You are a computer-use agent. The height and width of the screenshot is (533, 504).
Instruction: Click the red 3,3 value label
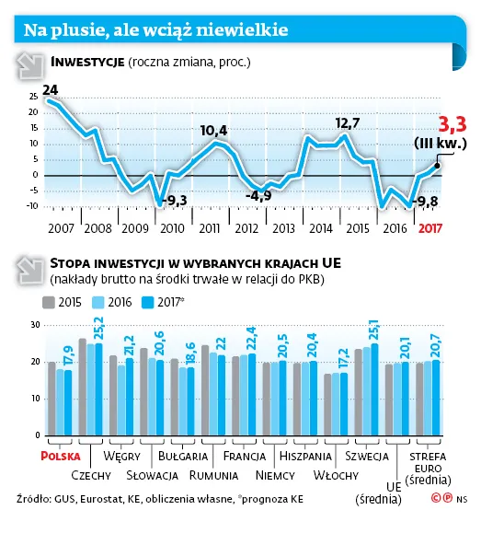[x=452, y=124]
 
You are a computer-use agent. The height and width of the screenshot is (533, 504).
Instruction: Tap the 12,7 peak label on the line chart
[x=347, y=122]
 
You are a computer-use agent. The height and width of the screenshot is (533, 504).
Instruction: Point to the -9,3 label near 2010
[x=176, y=200]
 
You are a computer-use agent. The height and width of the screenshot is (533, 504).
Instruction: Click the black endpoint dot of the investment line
[x=437, y=166]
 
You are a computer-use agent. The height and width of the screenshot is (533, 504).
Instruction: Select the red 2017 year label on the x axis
[x=430, y=228]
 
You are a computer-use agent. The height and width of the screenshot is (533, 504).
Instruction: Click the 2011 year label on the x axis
[x=210, y=228]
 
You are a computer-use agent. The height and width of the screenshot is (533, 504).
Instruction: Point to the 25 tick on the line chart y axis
[x=33, y=97]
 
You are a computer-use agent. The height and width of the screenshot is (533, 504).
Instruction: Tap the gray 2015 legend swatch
[x=49, y=303]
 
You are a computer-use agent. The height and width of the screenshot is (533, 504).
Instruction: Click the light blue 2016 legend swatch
[x=98, y=303]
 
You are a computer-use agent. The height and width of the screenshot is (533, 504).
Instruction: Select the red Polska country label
[x=61, y=457]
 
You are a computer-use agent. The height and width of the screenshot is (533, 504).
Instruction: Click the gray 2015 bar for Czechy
[x=83, y=387]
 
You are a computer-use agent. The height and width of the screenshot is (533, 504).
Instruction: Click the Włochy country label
[x=336, y=475]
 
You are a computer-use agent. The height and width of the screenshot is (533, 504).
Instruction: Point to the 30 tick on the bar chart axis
[x=36, y=325]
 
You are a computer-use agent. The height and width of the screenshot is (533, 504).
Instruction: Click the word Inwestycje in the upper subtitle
[x=87, y=63]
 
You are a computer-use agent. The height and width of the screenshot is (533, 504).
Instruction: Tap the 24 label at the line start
[x=50, y=90]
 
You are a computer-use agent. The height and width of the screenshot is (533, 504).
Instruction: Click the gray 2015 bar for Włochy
[x=327, y=404]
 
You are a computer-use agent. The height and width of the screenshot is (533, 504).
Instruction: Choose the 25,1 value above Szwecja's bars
[x=374, y=330]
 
